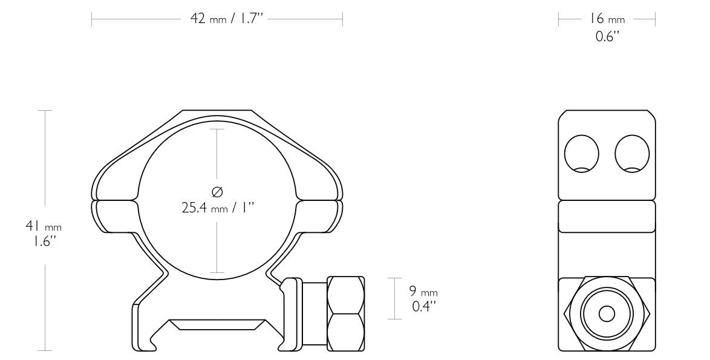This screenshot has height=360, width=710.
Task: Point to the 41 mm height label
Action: [x=43, y=226]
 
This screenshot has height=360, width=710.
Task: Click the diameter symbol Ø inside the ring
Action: [x=217, y=192]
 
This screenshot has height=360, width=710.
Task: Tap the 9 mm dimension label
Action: [x=425, y=292]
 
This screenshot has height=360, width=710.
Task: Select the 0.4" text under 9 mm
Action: [x=424, y=306]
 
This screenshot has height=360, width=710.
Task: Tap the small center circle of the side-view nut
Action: [x=607, y=313]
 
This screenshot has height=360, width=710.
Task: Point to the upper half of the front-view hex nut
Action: [x=346, y=295]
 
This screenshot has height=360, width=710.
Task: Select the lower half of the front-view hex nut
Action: [x=346, y=332]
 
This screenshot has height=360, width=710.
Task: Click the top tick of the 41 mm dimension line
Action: [x=45, y=111]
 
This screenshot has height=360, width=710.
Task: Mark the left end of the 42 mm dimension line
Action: [x=92, y=19]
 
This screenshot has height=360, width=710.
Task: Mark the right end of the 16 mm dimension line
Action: [x=656, y=19]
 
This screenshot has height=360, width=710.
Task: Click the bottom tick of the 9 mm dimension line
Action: [x=394, y=319]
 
